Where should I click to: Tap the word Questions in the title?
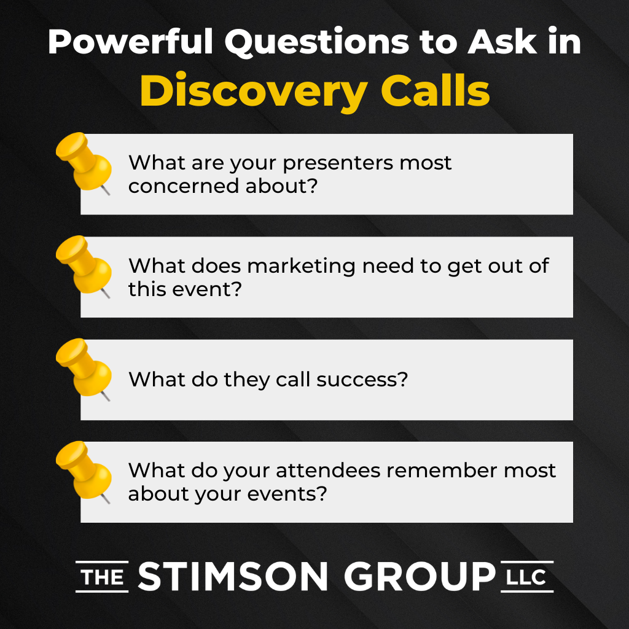pos(317,42)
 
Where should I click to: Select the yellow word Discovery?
pos(254,92)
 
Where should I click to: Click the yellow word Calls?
pos(436,90)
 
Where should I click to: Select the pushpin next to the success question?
pos(84,369)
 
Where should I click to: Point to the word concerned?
pos(183,186)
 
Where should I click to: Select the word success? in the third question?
pos(362,379)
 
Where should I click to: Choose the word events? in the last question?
pos(287,494)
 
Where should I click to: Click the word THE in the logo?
pos(103,577)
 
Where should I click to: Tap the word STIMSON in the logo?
pos(233,576)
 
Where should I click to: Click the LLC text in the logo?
pos(526,577)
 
